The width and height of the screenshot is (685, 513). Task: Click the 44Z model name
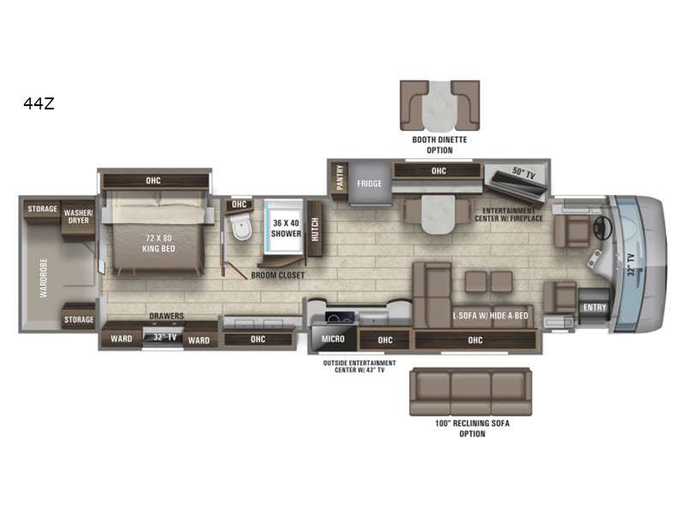click(x=39, y=103)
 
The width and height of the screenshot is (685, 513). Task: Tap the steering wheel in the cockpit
click(x=603, y=227)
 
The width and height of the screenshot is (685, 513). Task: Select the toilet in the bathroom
click(x=241, y=226)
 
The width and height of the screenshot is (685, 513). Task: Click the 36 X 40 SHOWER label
click(x=286, y=228)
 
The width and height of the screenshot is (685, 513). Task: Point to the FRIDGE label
click(x=369, y=184)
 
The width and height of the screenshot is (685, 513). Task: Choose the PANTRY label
click(x=340, y=178)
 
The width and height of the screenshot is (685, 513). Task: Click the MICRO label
click(x=333, y=339)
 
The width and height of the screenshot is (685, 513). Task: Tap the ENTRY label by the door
click(x=594, y=308)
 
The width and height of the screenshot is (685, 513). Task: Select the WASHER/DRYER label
click(x=78, y=216)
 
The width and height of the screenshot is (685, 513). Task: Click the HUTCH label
click(x=314, y=229)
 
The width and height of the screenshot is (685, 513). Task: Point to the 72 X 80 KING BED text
click(x=158, y=244)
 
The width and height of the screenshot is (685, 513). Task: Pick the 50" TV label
click(x=523, y=173)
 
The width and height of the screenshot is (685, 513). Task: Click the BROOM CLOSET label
click(x=277, y=275)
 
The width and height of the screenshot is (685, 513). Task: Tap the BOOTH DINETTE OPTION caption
click(x=439, y=144)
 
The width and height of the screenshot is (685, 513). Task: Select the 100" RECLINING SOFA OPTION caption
click(x=473, y=428)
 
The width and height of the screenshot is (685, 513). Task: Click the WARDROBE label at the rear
click(x=44, y=279)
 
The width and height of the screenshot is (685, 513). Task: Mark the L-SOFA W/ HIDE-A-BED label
click(x=490, y=315)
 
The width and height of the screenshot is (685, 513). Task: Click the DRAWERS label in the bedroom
click(x=166, y=315)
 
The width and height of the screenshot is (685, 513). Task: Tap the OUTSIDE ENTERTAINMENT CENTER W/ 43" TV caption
click(x=359, y=367)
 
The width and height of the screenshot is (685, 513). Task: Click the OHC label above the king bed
click(x=153, y=180)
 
